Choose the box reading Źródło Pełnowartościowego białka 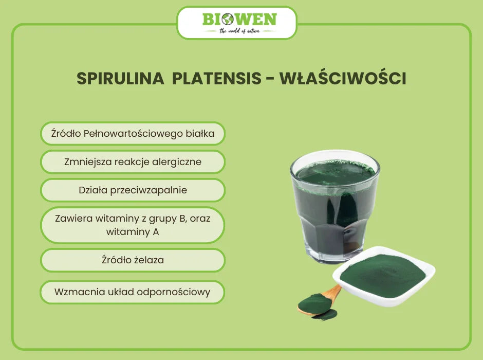pos(133,134)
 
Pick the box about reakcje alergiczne pos(133,162)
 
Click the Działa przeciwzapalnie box pos(133,190)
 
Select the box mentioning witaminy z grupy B pos(133,225)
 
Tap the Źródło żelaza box pos(133,260)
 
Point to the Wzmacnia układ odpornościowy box pos(133,292)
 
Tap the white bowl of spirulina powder pos(383,281)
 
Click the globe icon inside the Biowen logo pos(228,20)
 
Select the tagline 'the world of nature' pos(239,31)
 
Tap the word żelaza pos(147,260)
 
